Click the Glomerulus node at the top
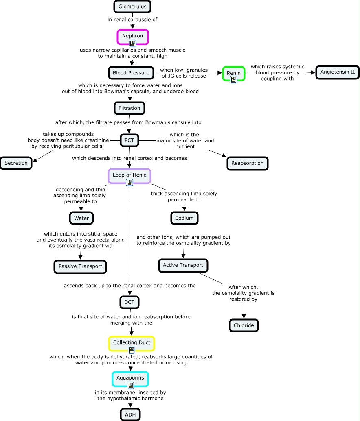(x=132, y=7)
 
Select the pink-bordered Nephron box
(x=132, y=36)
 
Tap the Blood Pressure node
(x=131, y=73)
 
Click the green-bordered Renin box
(x=234, y=73)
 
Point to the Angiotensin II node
(x=338, y=72)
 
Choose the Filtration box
(x=130, y=108)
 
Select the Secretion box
(x=16, y=163)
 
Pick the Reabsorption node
(x=247, y=163)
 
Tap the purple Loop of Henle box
(x=130, y=175)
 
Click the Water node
(x=81, y=218)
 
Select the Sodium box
(x=184, y=218)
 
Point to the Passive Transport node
(x=80, y=266)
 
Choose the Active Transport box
(x=183, y=265)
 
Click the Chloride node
(x=244, y=325)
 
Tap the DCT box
(x=130, y=302)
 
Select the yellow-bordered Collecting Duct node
(x=132, y=342)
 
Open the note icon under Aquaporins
(x=130, y=386)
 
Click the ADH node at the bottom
(x=130, y=414)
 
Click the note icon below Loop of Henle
(x=130, y=183)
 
